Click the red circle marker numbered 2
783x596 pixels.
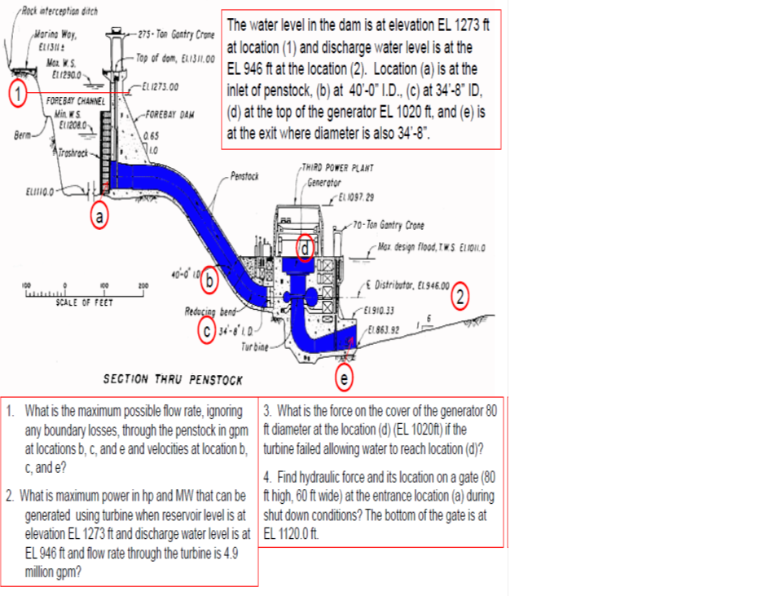463,295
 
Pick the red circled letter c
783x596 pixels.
209,331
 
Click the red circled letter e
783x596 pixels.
345,378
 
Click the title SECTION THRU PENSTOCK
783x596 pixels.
173,380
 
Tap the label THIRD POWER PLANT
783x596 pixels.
337,167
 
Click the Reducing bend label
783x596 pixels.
210,312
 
